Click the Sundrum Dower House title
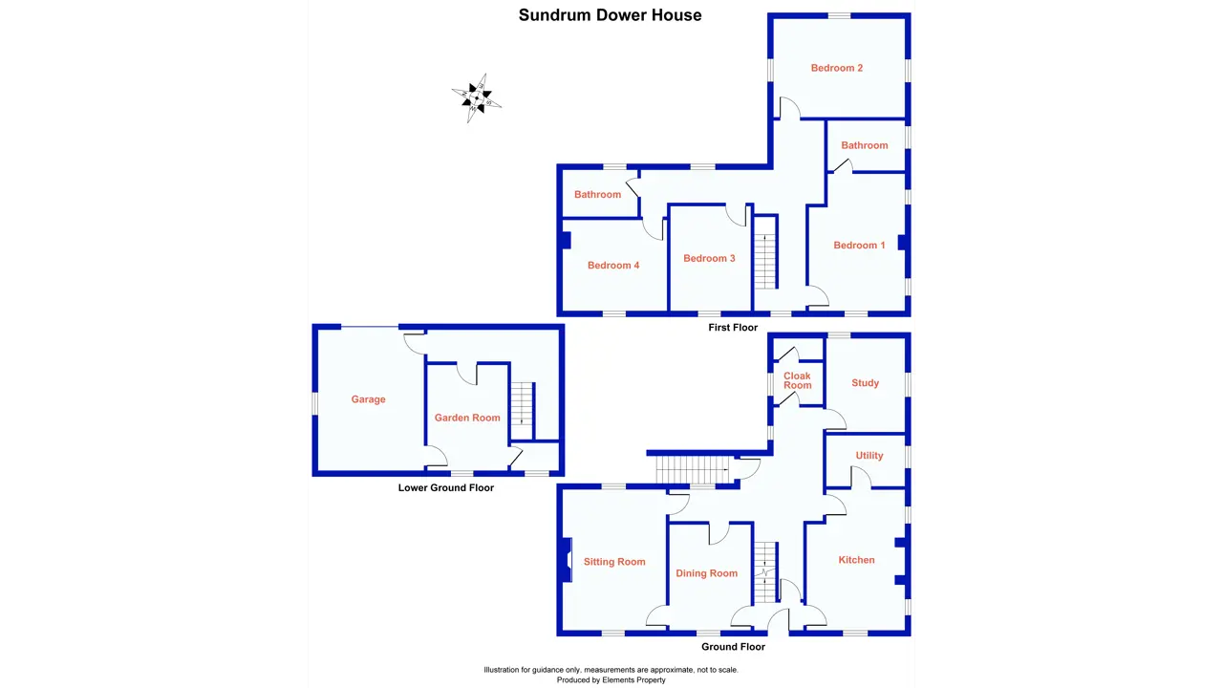(x=610, y=15)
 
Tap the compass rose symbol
(x=476, y=97)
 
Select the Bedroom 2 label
(x=837, y=68)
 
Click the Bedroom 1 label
(x=859, y=246)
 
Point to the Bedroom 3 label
(x=709, y=258)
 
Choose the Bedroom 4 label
(x=613, y=266)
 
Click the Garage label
(x=368, y=399)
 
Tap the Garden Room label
(x=467, y=418)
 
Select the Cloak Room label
(x=797, y=380)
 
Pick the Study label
(x=865, y=383)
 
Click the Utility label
(x=869, y=456)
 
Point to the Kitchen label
(x=856, y=560)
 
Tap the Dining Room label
(x=706, y=573)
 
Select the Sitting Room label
(x=614, y=562)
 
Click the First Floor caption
(x=733, y=328)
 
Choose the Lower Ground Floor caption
(x=446, y=487)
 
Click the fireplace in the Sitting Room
(x=566, y=560)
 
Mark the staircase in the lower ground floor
(x=520, y=404)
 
